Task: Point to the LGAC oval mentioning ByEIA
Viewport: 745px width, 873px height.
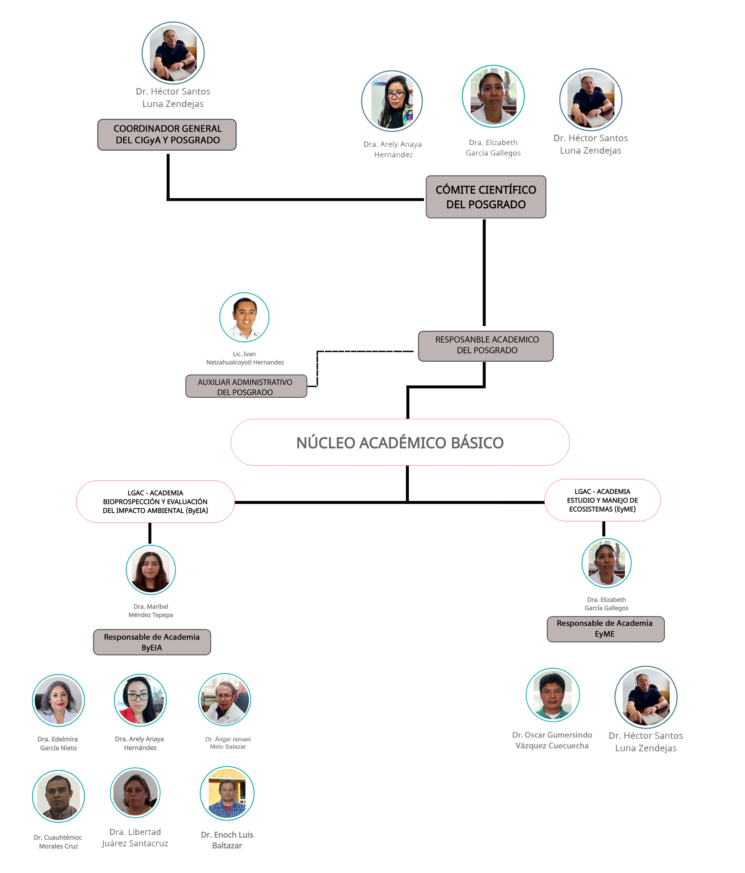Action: pos(155,501)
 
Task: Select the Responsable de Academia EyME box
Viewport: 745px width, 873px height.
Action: pos(605,629)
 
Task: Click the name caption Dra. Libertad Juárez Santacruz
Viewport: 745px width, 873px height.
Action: pos(135,837)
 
